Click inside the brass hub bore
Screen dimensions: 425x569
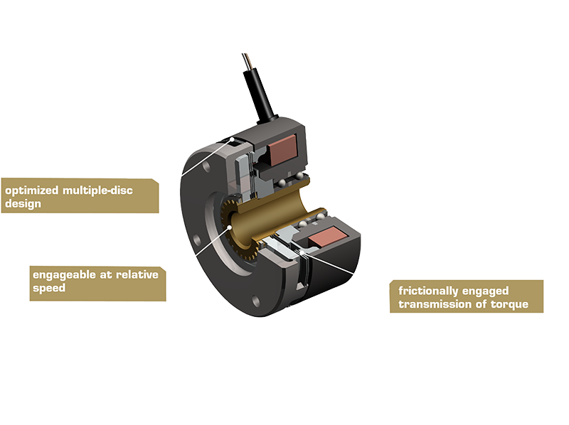click(284, 213)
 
